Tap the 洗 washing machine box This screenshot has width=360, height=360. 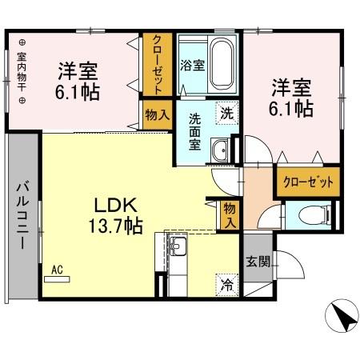[x=226, y=113]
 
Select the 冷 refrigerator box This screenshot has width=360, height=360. [x=226, y=282]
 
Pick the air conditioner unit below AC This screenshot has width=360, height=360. [x=57, y=280]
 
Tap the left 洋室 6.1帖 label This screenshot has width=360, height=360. [x=78, y=81]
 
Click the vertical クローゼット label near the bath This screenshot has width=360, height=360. [x=157, y=65]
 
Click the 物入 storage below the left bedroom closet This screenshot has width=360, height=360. [x=157, y=114]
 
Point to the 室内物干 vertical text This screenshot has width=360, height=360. [x=22, y=71]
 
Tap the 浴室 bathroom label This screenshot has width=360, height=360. [x=192, y=66]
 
